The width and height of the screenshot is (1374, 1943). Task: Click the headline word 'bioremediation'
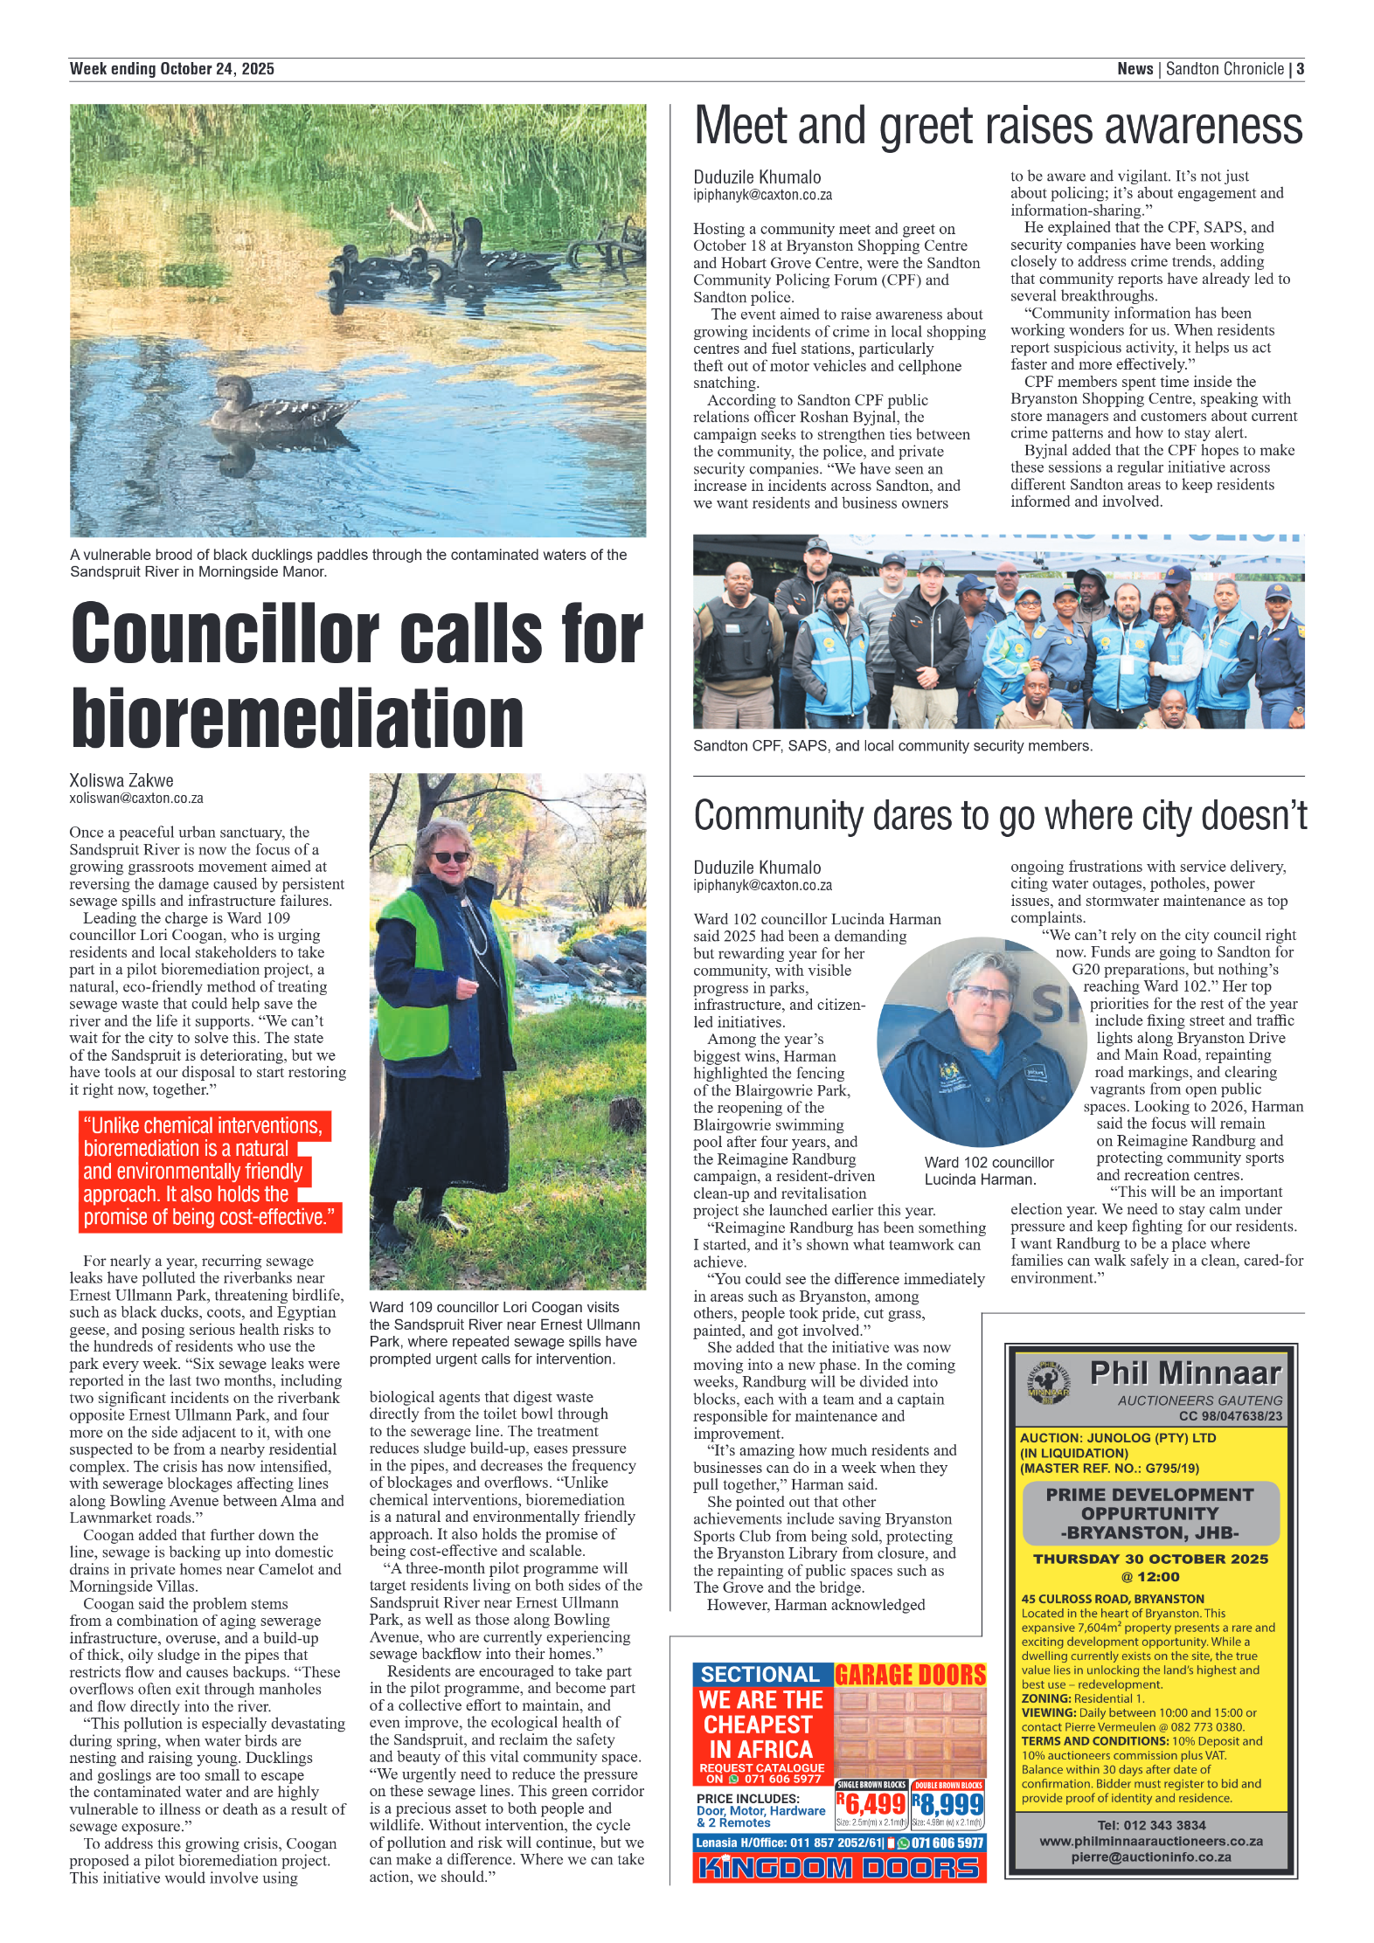(x=297, y=718)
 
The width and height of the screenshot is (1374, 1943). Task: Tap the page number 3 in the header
(x=1300, y=69)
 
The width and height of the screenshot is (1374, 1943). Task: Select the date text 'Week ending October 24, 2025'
(x=172, y=69)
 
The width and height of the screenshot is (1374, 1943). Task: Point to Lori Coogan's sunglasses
(x=451, y=857)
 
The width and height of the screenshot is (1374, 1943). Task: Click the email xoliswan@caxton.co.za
(x=136, y=798)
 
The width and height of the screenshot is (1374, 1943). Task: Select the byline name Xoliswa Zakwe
(x=121, y=780)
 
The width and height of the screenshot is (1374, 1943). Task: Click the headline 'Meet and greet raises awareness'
(x=997, y=127)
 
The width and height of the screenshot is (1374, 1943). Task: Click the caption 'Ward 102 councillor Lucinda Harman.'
(x=989, y=1171)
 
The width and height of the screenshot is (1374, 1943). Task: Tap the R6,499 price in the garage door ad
(x=871, y=1803)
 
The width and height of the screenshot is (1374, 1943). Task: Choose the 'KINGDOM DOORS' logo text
(x=839, y=1867)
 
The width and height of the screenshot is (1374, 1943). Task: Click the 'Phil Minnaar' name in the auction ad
(x=1184, y=1373)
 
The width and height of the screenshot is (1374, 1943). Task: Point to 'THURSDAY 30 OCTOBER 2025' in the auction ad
(x=1150, y=1559)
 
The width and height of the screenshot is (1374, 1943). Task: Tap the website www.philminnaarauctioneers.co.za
(x=1150, y=1841)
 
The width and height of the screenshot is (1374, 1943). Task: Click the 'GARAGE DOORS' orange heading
(x=910, y=1675)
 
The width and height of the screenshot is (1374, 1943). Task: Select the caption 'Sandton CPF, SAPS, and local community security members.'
(x=892, y=746)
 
